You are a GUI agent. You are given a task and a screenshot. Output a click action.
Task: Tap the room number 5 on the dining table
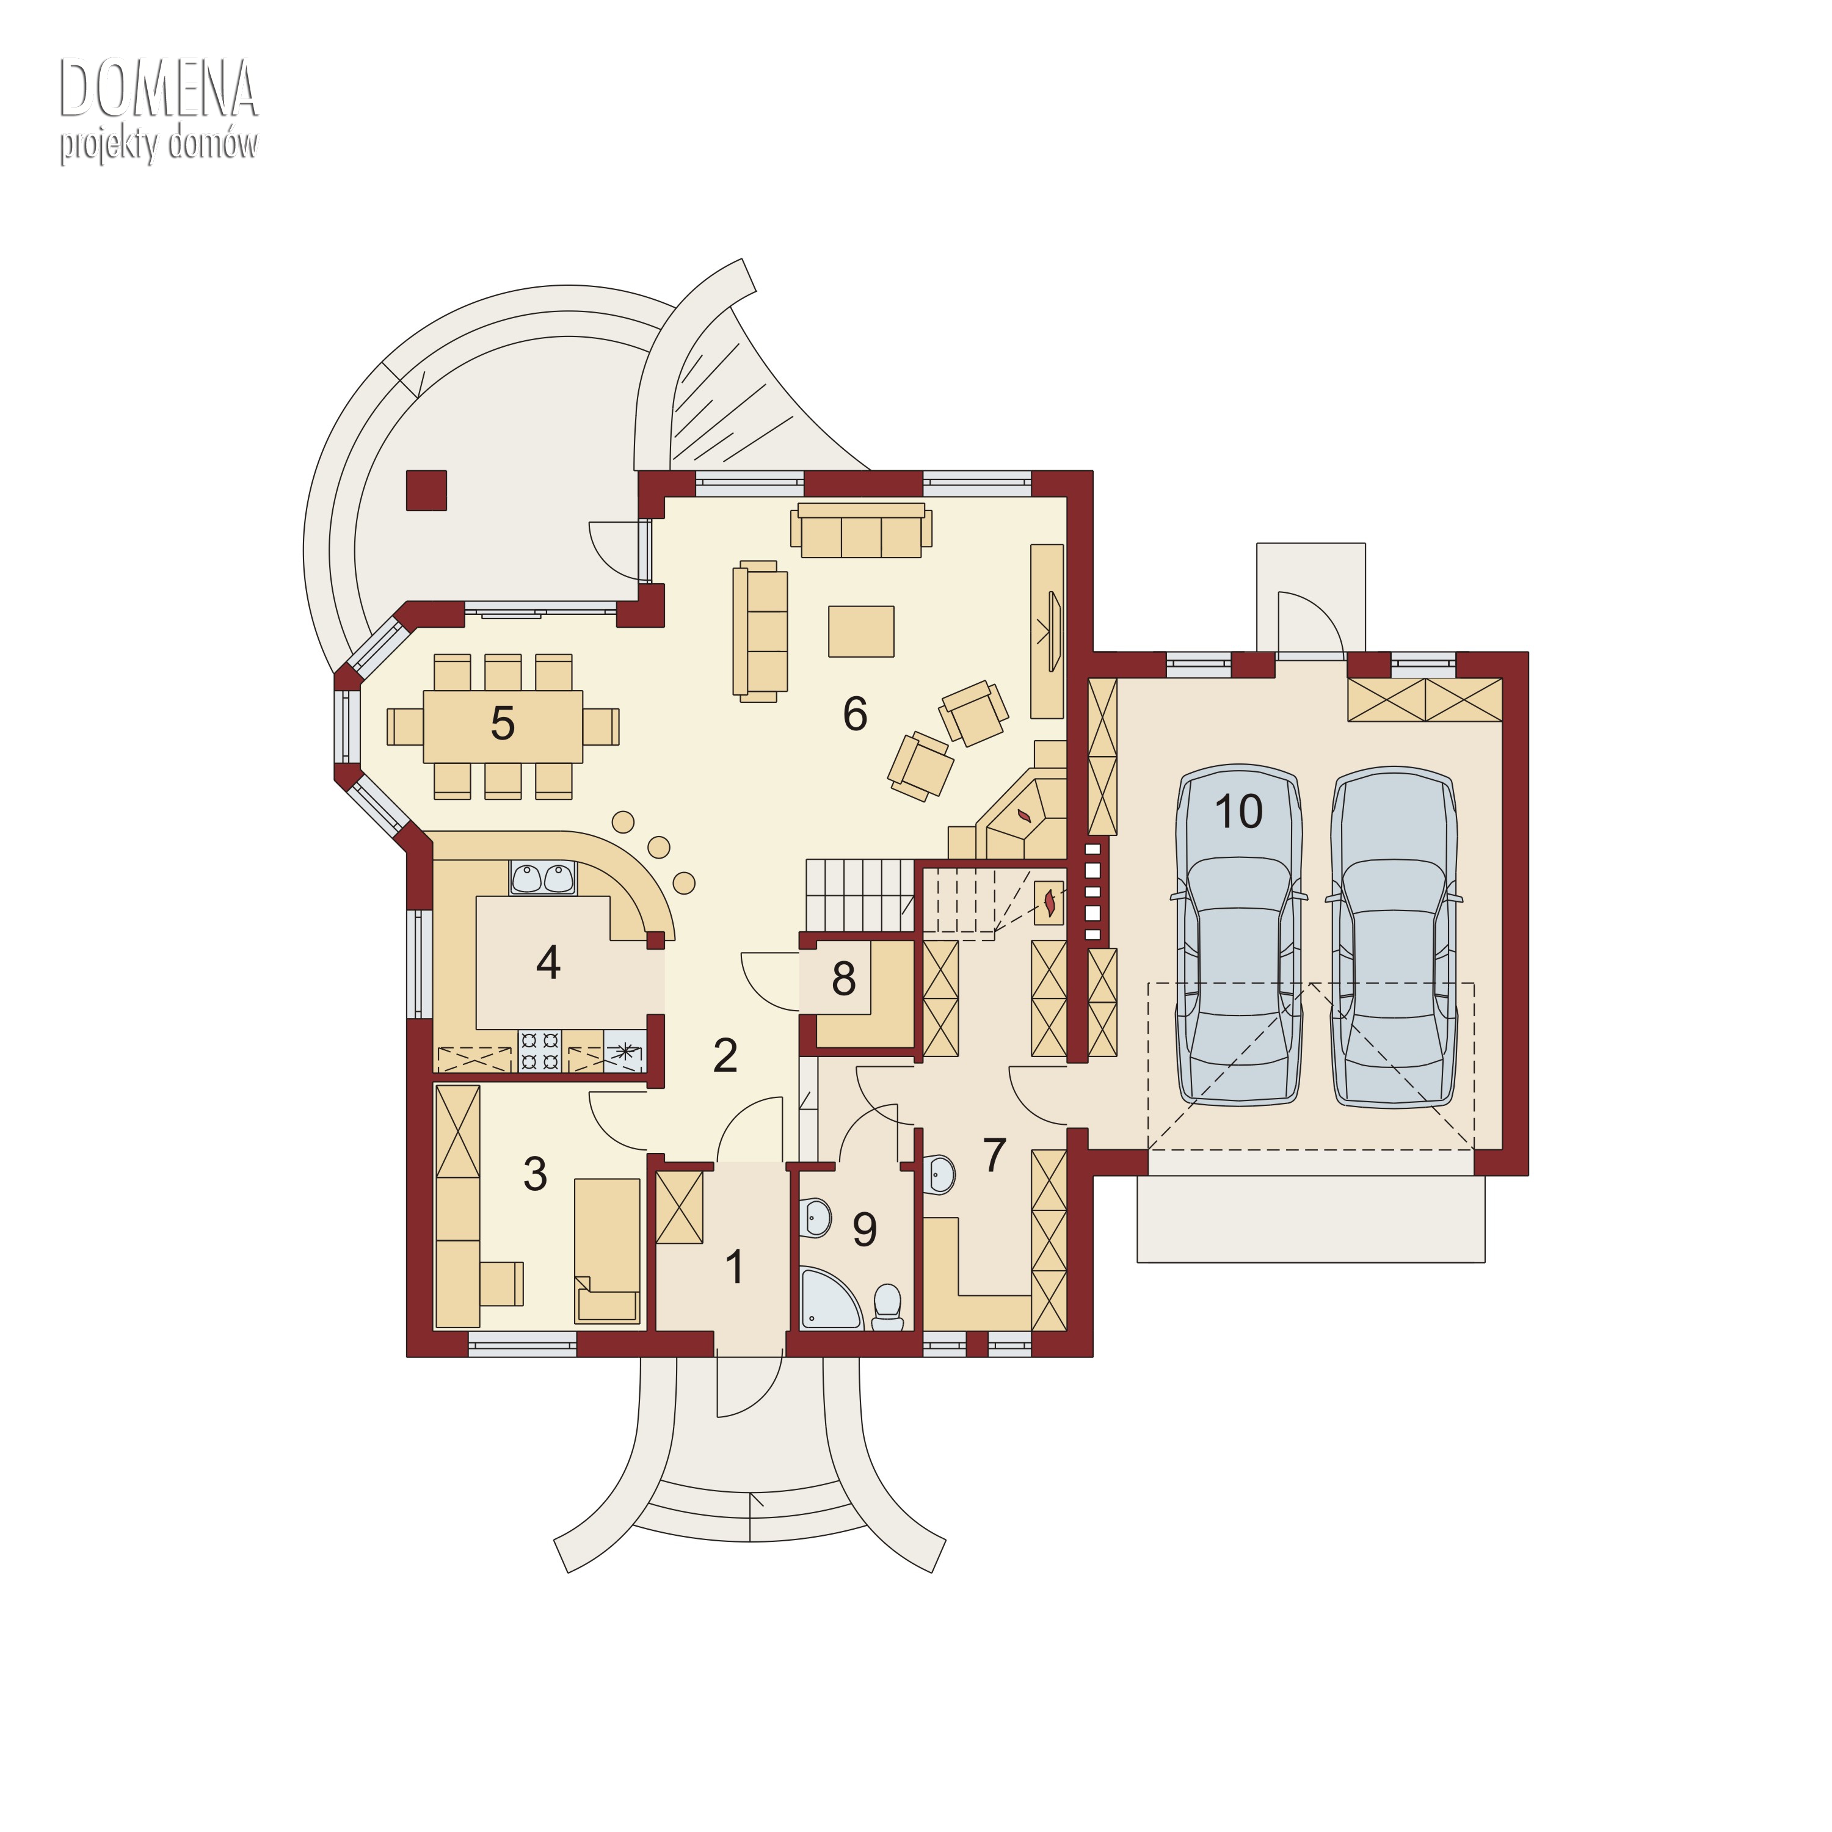pos(503,724)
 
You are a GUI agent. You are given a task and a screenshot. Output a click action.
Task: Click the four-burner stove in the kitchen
pos(540,1050)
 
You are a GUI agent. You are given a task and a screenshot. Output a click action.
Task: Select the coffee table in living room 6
pos(861,631)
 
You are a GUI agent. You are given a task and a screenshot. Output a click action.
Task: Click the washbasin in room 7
pos(939,1174)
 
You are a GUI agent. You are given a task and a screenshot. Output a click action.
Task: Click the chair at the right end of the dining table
pos(600,726)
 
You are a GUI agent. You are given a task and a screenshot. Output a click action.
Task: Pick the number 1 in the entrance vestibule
pos(734,1267)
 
